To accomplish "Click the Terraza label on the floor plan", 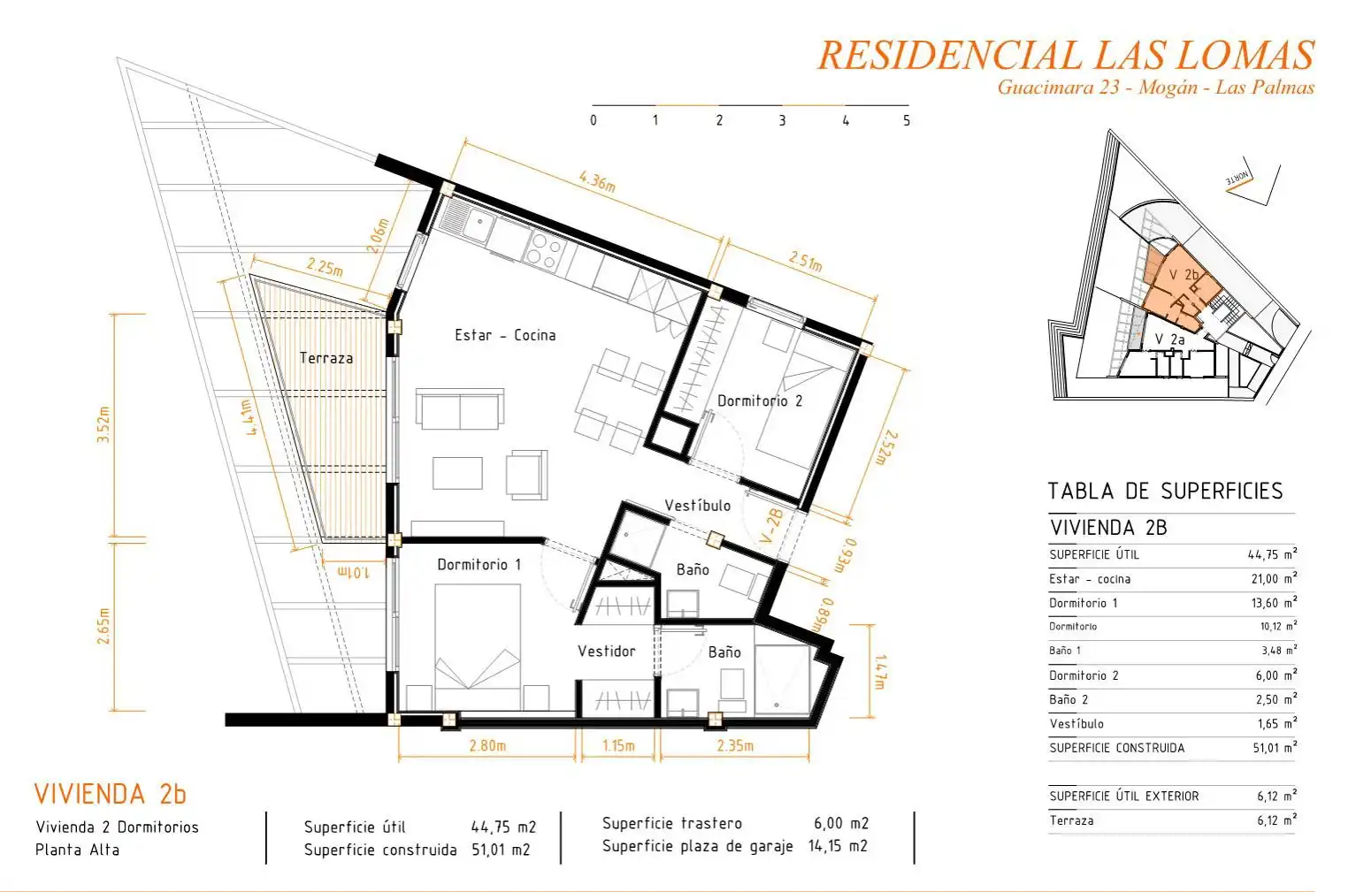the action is (x=326, y=359).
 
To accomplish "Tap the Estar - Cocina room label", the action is (x=505, y=335).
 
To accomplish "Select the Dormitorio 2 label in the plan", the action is (x=760, y=401).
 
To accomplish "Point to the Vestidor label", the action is (x=606, y=651).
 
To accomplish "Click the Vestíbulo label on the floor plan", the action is (x=698, y=506).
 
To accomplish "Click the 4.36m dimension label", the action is (x=597, y=181).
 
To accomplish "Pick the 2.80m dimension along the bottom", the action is (x=487, y=746).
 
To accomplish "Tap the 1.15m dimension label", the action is (x=618, y=746).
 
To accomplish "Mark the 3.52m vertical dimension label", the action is (x=103, y=424).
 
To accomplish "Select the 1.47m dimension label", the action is (x=879, y=672).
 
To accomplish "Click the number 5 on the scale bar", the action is (x=907, y=120).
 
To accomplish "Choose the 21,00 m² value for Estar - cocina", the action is (x=1272, y=578).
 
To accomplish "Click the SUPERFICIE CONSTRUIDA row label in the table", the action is (x=1117, y=748).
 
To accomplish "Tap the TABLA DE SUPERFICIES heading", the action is (x=1166, y=492).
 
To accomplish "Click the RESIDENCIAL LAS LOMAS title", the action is (x=1066, y=56).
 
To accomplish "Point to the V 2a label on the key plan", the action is (x=1170, y=339).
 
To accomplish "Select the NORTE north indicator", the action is (x=1237, y=179).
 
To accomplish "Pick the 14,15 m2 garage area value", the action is (x=838, y=846).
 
